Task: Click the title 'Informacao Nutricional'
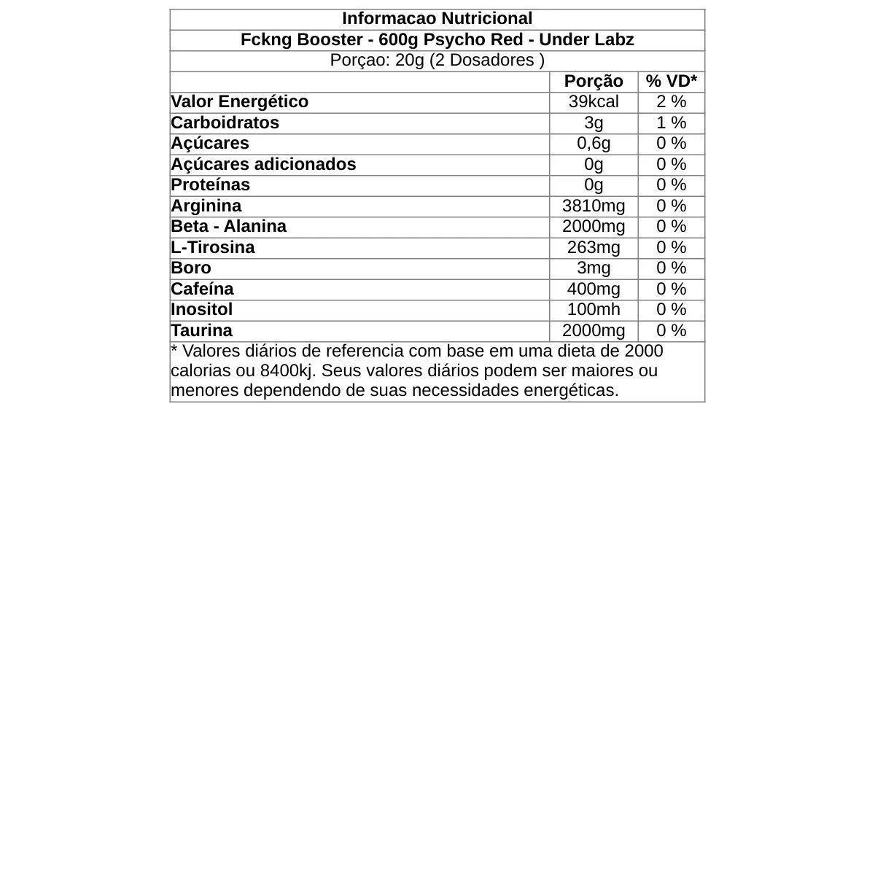437,19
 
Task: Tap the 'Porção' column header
594,81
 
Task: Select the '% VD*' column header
671,81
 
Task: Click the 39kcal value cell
594,101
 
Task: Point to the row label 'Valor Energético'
239,101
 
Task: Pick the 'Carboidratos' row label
225,122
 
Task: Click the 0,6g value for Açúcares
594,143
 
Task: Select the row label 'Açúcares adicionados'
263,164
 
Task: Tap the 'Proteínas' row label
210,184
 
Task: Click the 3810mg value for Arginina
594,206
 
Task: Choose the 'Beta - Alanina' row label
228,226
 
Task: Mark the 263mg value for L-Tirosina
594,247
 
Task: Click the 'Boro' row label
190,268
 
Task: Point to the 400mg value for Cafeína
594,289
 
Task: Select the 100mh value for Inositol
594,309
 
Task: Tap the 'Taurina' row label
201,330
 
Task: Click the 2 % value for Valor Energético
671,101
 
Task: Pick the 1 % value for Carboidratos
671,122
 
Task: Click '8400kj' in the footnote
287,370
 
